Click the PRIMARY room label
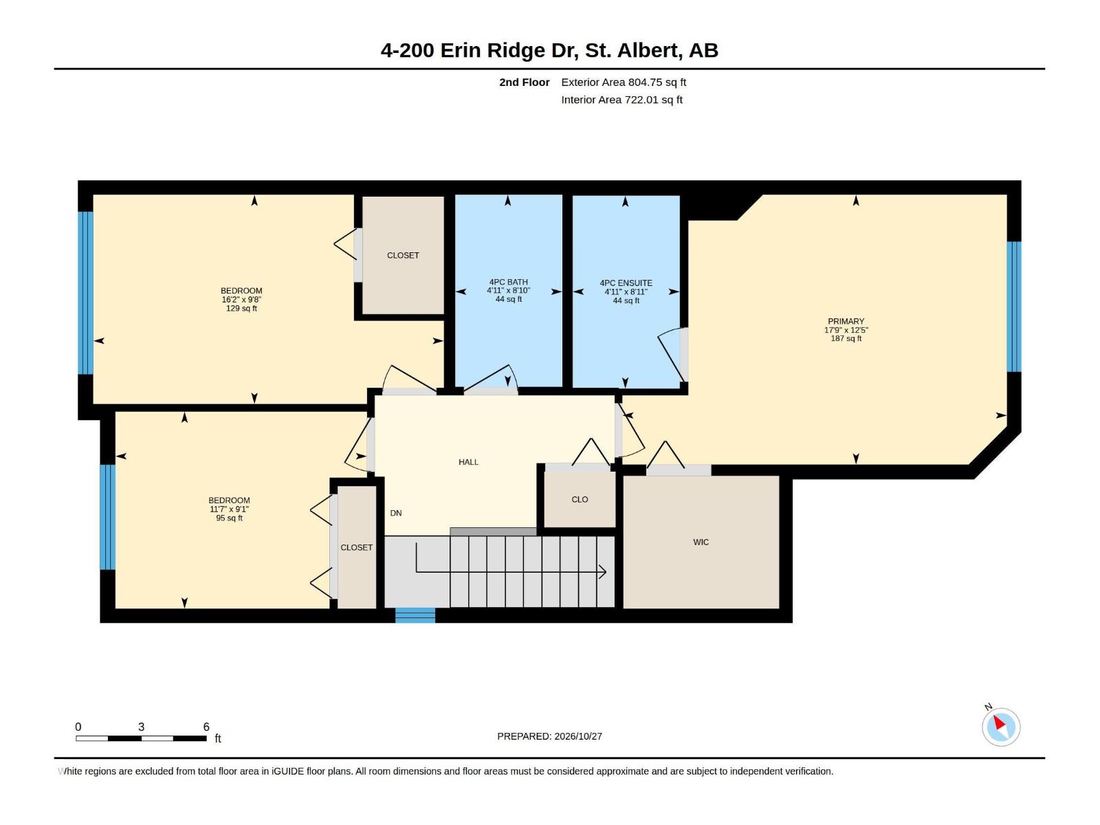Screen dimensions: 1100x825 coord(846,321)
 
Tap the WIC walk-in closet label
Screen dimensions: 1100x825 coord(701,542)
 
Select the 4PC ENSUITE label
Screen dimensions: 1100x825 coord(626,283)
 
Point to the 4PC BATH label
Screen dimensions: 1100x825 coord(508,282)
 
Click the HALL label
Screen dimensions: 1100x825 coord(468,462)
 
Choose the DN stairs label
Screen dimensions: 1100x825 coord(396,513)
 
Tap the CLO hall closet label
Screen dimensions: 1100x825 coord(580,499)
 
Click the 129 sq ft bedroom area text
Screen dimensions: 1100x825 coord(241,309)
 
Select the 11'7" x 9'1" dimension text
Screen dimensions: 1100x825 coord(229,509)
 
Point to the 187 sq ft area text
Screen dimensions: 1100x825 coord(846,339)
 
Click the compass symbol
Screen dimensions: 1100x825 coord(1001,727)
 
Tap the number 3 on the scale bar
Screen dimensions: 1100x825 coord(142,727)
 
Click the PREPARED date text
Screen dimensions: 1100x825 coord(549,736)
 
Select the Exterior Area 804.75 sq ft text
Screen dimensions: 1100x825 coord(624,82)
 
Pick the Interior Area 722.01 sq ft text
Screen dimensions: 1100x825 coord(621,100)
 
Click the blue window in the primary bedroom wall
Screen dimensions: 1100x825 coord(1014,307)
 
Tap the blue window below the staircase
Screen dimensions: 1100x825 coord(415,615)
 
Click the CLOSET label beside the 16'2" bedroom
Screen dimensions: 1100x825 coord(403,256)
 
